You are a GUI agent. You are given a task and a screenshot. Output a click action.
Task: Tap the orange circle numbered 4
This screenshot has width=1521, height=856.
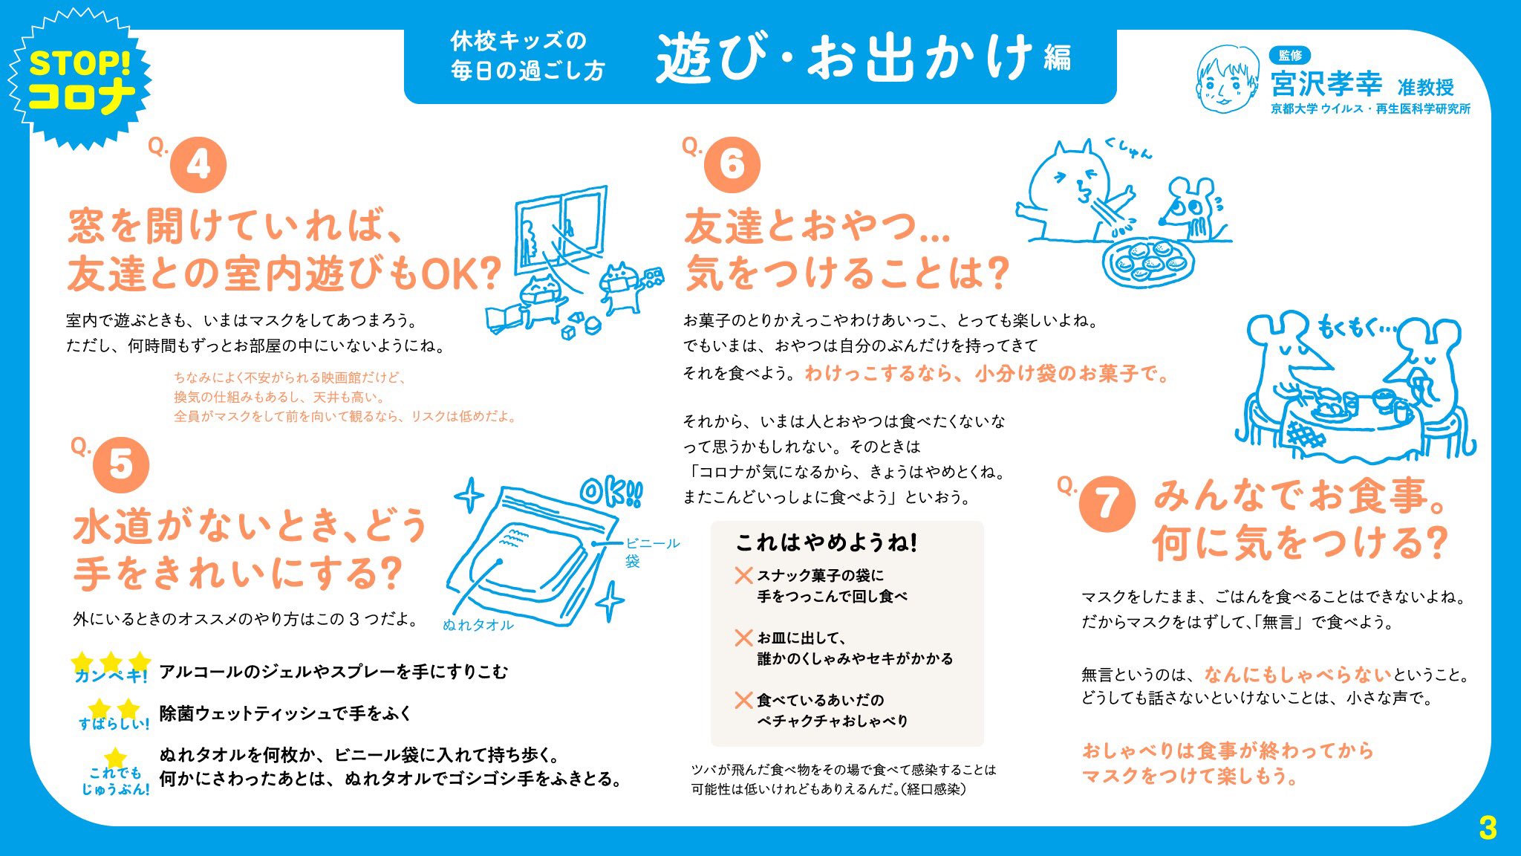[x=198, y=165]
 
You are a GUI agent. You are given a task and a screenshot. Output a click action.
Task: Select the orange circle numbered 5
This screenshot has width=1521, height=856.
[x=121, y=465]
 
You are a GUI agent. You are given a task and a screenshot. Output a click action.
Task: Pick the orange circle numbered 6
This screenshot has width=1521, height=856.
[x=732, y=164]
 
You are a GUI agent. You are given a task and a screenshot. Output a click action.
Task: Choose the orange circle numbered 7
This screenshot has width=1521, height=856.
[x=1107, y=504]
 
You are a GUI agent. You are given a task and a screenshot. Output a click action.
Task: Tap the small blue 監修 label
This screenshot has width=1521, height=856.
[x=1290, y=55]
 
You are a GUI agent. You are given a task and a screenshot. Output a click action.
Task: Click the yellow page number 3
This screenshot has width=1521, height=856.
[x=1488, y=828]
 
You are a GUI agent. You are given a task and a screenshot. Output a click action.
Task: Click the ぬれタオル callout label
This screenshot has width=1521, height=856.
[x=478, y=625]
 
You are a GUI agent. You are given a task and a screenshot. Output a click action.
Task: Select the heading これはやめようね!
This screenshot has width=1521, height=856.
[x=827, y=543]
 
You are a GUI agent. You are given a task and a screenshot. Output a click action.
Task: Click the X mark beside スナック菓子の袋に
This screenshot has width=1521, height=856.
[x=743, y=575]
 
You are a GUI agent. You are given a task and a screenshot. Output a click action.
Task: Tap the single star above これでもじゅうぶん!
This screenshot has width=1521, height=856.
[x=115, y=758]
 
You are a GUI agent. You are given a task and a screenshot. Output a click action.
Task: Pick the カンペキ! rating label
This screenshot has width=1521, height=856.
[x=111, y=675]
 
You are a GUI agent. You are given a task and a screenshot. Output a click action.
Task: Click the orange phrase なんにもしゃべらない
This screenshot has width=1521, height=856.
[x=1297, y=674]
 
